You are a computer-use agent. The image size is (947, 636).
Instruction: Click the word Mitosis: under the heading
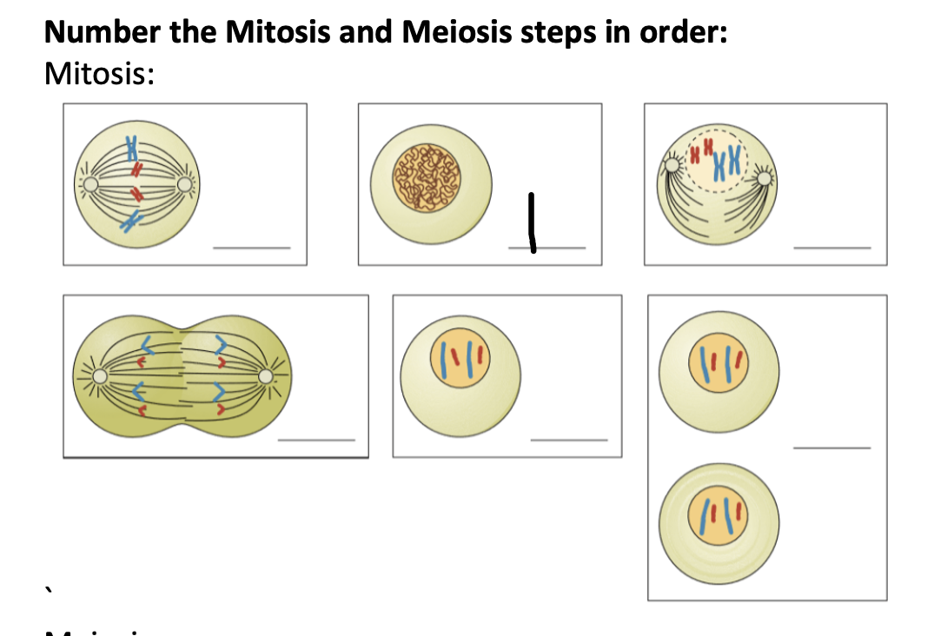(x=98, y=75)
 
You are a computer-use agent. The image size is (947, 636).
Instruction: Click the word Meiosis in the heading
(x=452, y=32)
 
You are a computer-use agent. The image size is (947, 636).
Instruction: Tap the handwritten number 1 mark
(x=531, y=224)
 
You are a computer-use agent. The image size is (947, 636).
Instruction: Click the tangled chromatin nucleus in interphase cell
(x=427, y=179)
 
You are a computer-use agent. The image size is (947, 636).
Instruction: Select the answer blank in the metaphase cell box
(x=252, y=248)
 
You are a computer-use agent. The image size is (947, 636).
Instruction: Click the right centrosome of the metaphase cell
(x=185, y=184)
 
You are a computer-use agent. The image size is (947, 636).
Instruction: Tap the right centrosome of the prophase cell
(x=765, y=178)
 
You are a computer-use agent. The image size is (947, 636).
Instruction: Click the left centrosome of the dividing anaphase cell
(x=102, y=376)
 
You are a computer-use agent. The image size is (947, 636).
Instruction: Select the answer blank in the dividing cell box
(x=316, y=440)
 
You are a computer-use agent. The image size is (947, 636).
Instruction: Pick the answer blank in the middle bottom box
(x=569, y=440)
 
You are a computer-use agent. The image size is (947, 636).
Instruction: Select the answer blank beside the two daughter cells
(x=831, y=448)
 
